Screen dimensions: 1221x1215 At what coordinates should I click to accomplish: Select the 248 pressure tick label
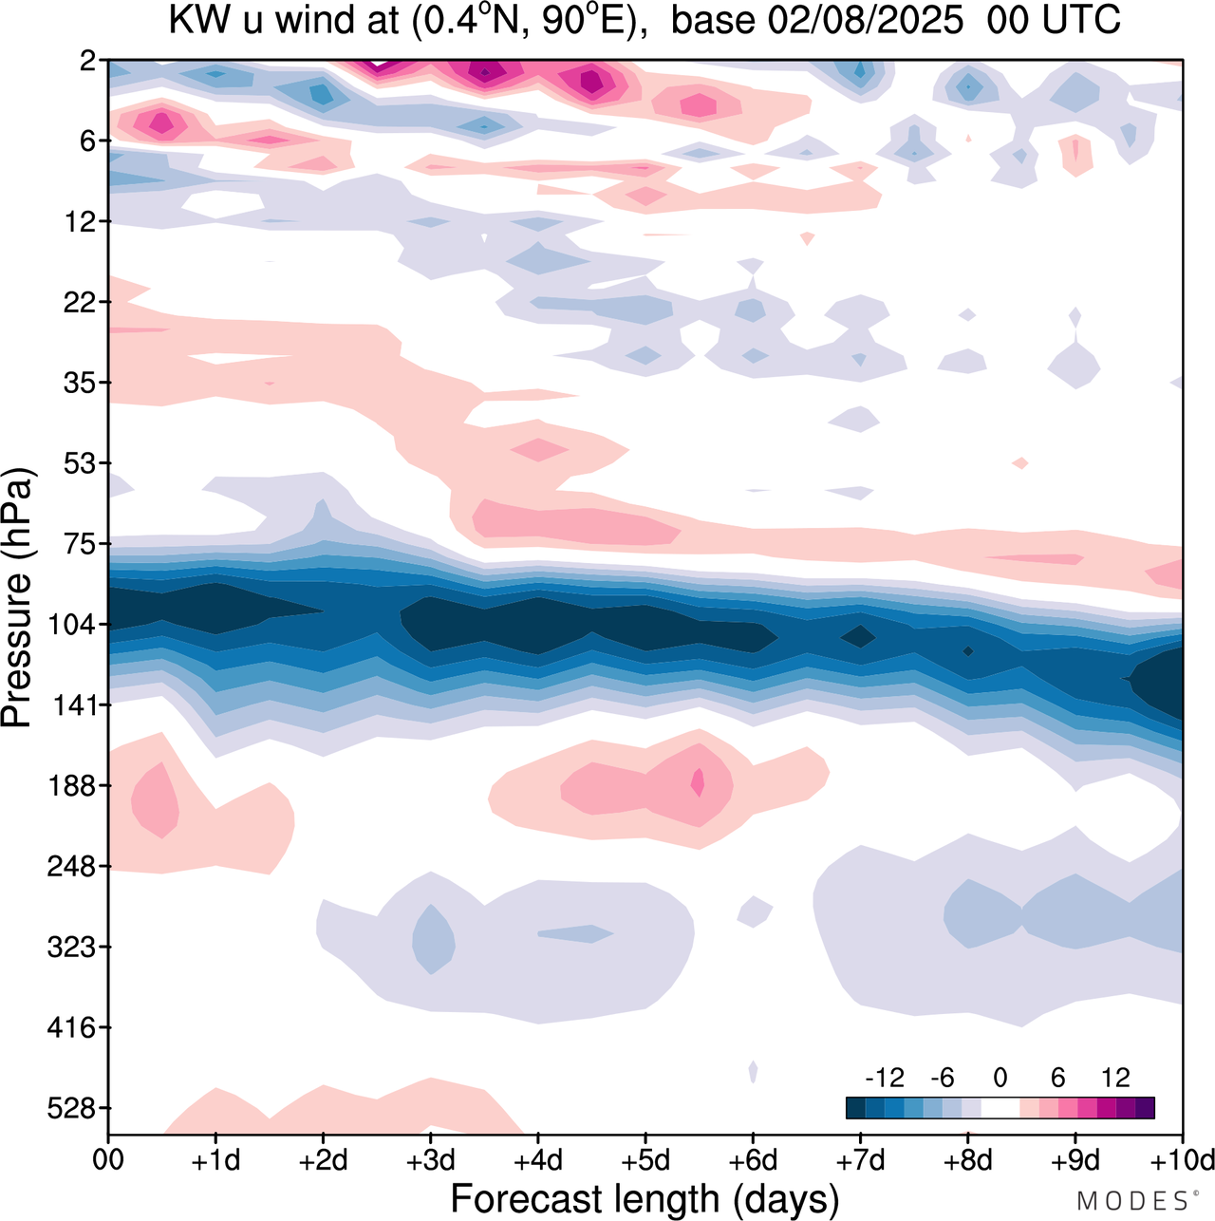71,867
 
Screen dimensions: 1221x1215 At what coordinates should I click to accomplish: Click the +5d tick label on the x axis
645,1160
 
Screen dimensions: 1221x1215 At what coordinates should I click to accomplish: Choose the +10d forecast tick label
1181,1160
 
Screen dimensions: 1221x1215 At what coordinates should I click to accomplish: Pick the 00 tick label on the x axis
108,1160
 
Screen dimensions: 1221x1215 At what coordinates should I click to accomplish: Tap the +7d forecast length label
861,1160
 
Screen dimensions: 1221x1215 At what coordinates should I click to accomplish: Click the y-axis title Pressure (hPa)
18,598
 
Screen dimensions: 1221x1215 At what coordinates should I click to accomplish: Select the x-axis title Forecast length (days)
645,1199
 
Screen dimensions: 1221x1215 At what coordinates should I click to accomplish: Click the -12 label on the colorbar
885,1078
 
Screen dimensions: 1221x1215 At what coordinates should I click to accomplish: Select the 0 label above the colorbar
1000,1078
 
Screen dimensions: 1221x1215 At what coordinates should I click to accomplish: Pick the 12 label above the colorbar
1115,1078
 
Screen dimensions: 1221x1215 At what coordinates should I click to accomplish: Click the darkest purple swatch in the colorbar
1145,1107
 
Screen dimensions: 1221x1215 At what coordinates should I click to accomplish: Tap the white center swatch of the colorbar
1000,1107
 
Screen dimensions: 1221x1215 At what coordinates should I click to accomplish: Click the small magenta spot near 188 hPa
699,782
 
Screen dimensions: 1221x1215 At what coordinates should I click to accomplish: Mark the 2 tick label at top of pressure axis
88,61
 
